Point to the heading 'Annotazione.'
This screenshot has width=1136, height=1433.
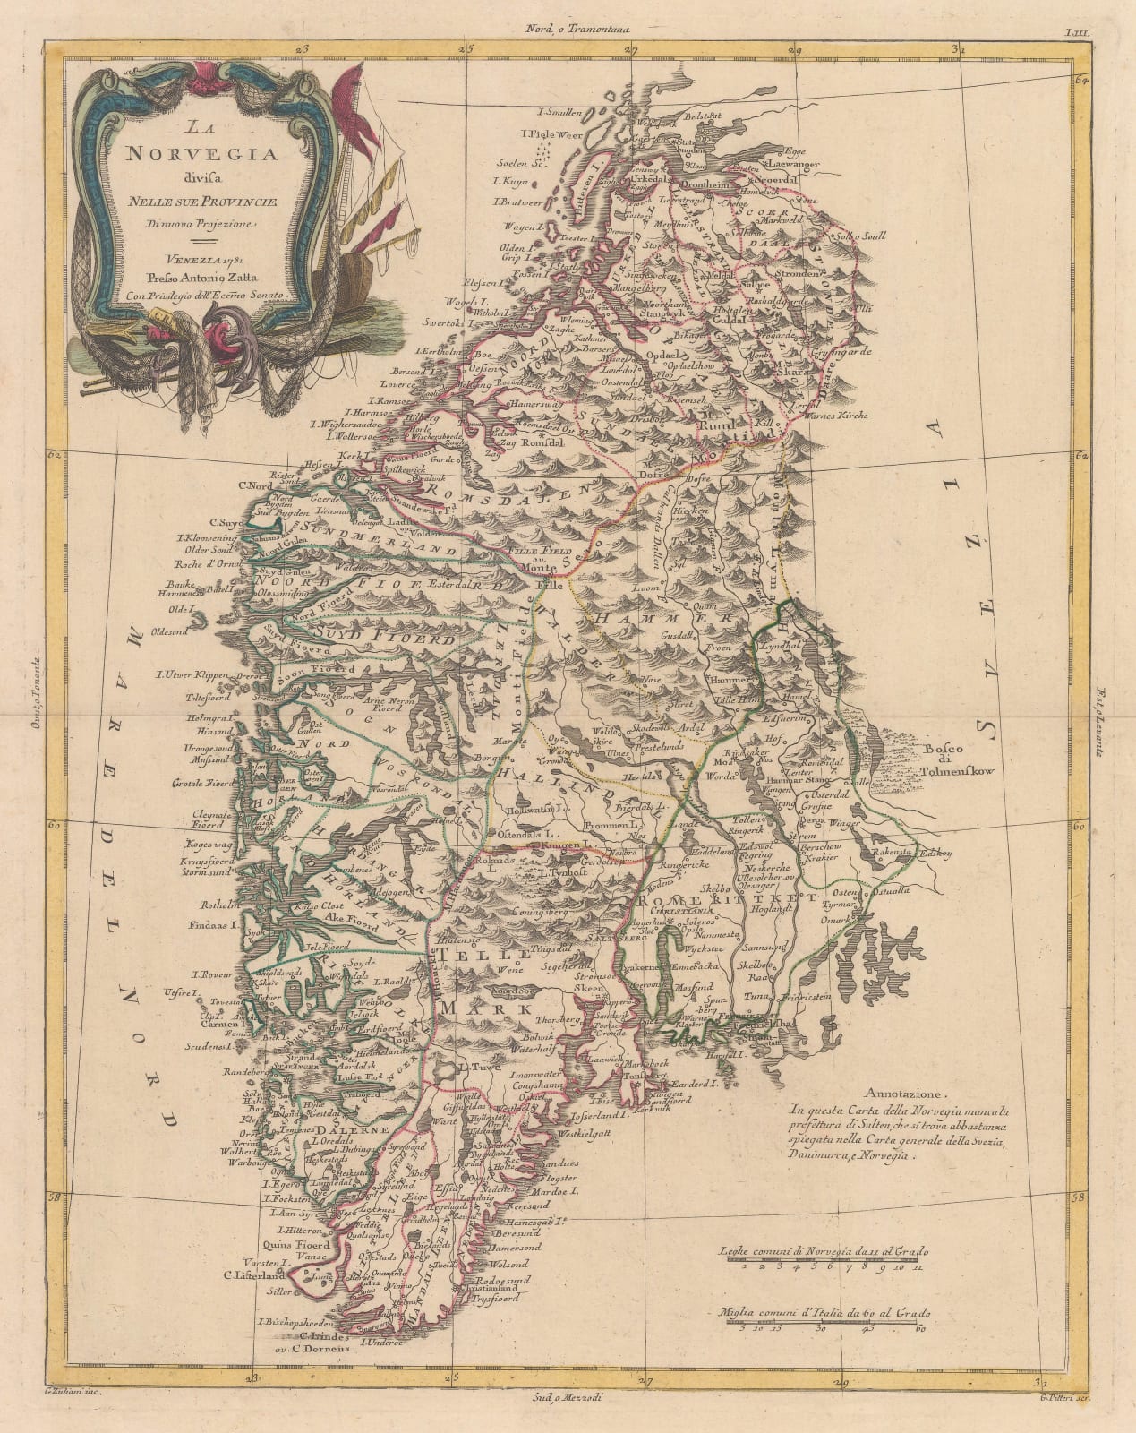tap(906, 1094)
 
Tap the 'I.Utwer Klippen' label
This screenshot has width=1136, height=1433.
tap(190, 674)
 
